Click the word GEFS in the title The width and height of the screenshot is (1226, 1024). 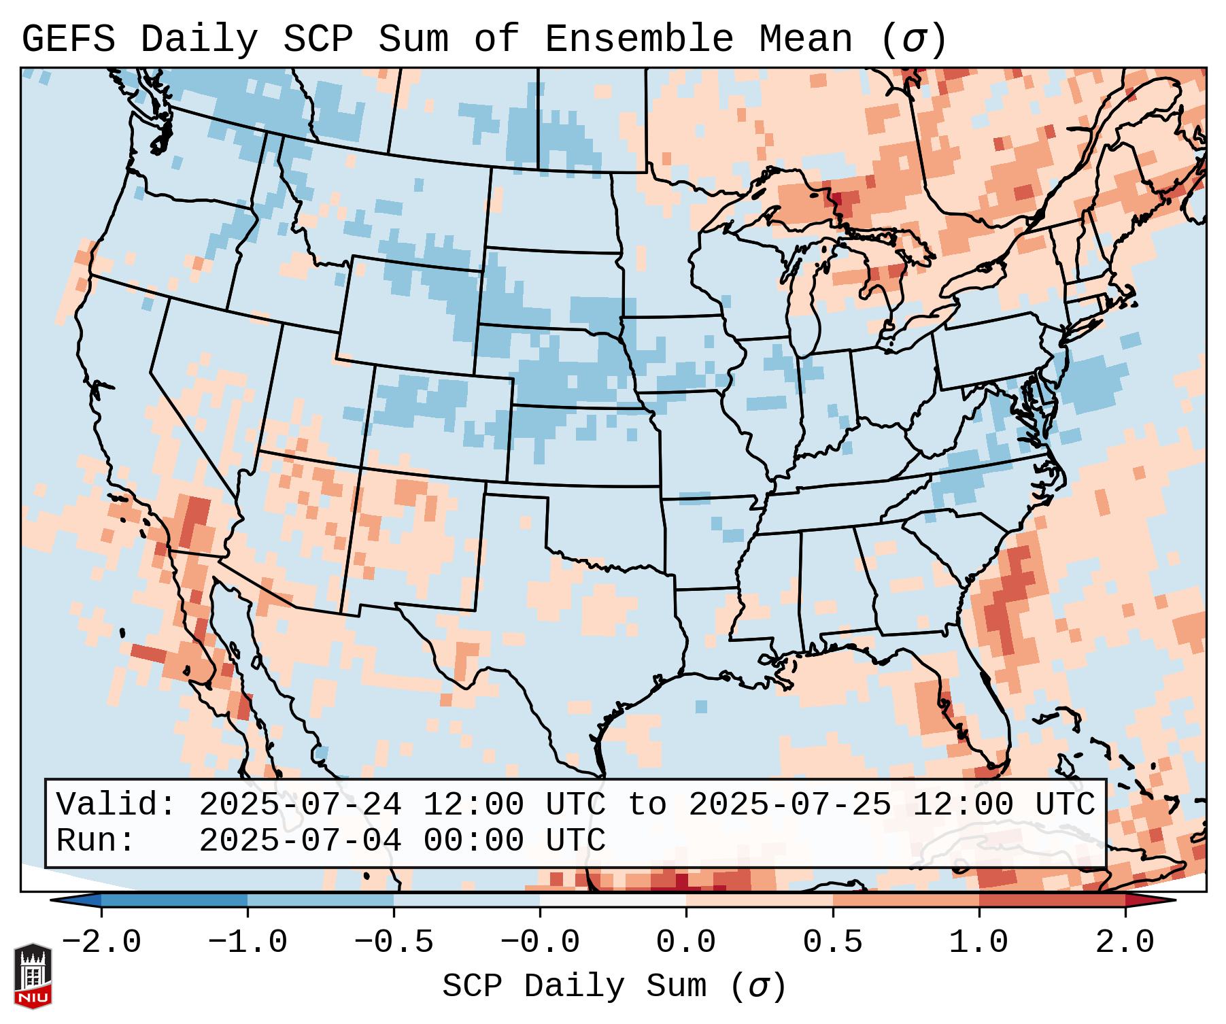(68, 39)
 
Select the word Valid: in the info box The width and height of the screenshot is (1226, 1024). (116, 805)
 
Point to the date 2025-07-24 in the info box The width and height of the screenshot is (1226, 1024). (300, 805)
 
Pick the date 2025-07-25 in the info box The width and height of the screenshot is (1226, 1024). (789, 805)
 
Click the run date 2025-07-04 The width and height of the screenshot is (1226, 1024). (300, 840)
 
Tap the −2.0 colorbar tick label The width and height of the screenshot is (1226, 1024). (101, 942)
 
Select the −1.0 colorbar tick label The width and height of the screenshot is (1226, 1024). (248, 942)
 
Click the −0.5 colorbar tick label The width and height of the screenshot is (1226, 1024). (394, 942)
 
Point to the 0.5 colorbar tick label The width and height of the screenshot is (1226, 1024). (833, 942)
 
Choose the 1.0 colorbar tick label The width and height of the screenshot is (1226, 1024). (979, 942)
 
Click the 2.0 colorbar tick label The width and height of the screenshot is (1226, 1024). (1125, 942)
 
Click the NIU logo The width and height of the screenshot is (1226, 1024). (33, 976)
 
